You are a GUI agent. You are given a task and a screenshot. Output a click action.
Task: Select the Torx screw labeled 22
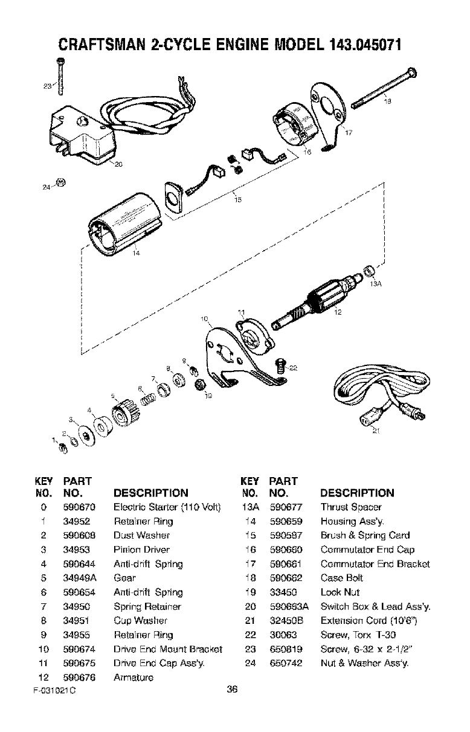279,365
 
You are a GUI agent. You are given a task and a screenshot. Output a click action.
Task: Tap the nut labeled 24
60,182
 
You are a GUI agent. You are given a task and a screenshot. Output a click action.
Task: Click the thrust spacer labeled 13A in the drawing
369,269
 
